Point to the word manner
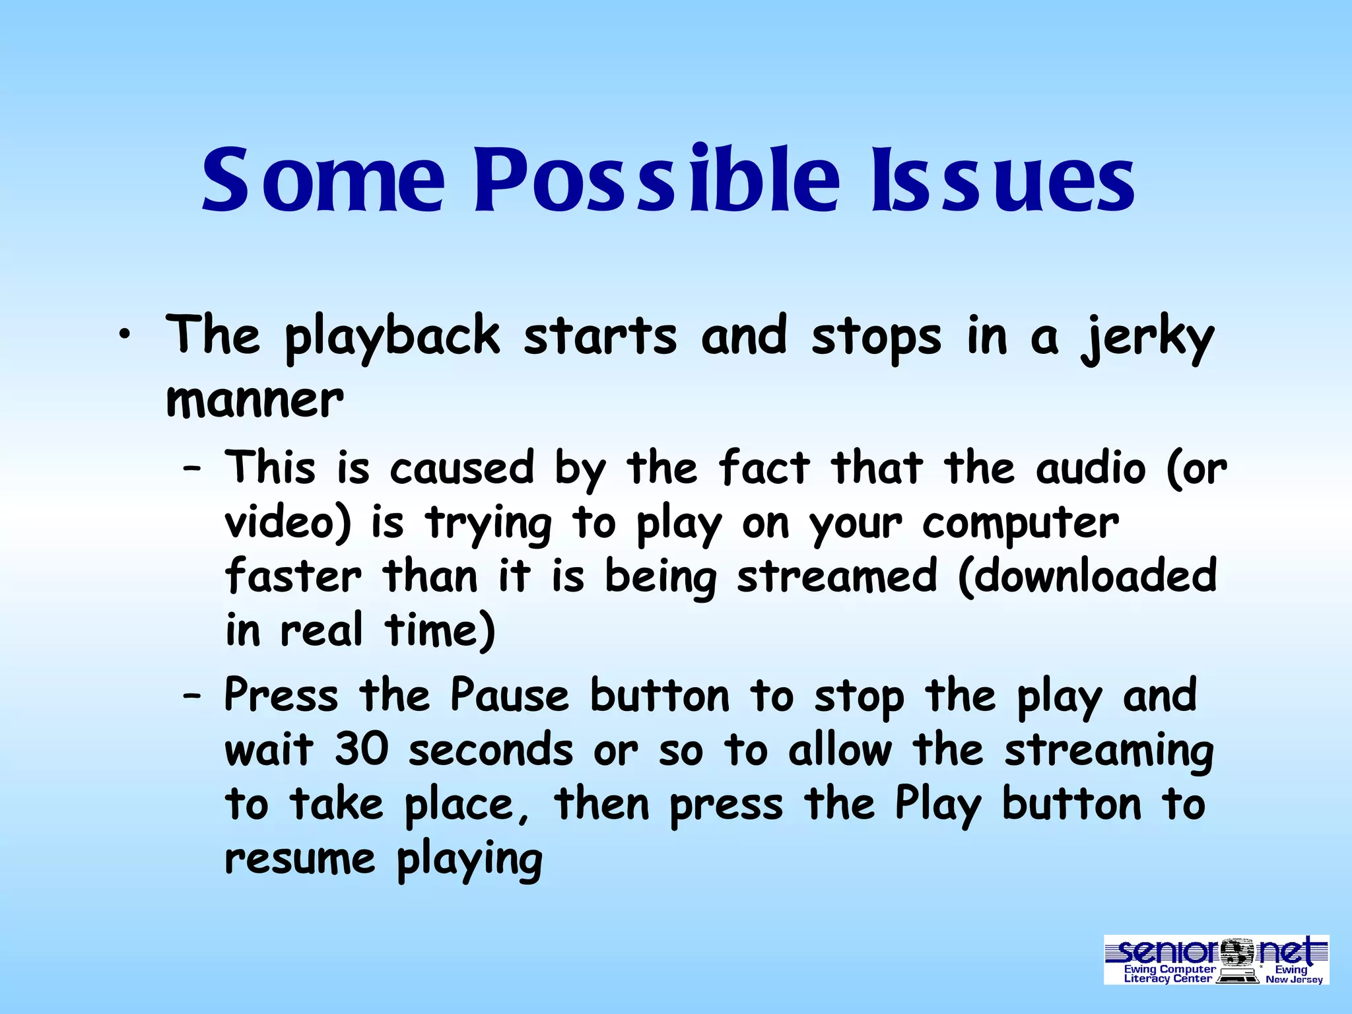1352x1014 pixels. click(255, 401)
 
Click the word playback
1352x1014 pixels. click(392, 338)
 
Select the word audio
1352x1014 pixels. click(1090, 469)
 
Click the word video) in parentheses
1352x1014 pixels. click(288, 523)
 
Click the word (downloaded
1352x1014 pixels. click(1087, 576)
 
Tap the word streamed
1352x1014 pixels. click(836, 576)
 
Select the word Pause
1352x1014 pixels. click(509, 696)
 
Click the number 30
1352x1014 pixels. click(361, 751)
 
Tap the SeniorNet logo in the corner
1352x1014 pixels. click(1216, 959)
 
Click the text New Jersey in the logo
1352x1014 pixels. click(1294, 980)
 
